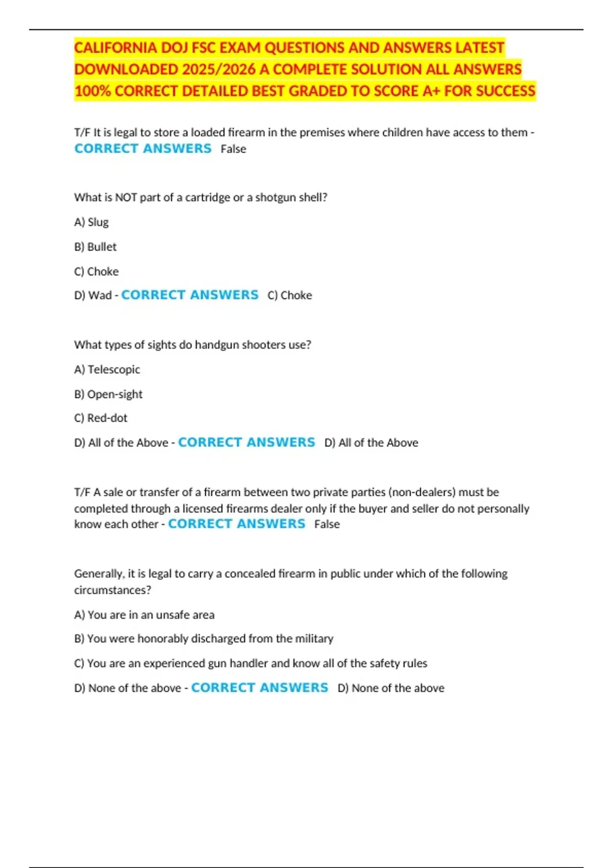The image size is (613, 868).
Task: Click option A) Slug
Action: click(91, 222)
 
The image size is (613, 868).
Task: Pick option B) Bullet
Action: click(96, 247)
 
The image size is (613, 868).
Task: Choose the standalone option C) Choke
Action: click(97, 271)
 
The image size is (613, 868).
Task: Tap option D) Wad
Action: click(93, 295)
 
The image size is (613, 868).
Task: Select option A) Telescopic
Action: click(107, 369)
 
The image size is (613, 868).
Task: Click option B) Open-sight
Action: click(108, 394)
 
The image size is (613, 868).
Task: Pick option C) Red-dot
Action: click(101, 418)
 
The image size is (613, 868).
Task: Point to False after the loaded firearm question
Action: click(233, 149)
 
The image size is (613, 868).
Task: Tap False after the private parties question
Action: click(327, 524)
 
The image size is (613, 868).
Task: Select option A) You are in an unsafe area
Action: click(145, 615)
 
